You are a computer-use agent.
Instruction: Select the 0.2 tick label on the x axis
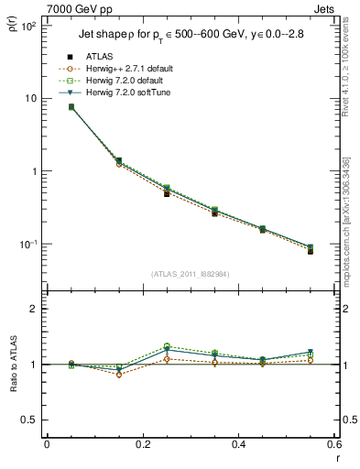(x=142, y=444)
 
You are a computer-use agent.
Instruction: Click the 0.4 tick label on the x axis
(x=238, y=444)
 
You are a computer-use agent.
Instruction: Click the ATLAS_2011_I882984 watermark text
(x=190, y=273)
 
